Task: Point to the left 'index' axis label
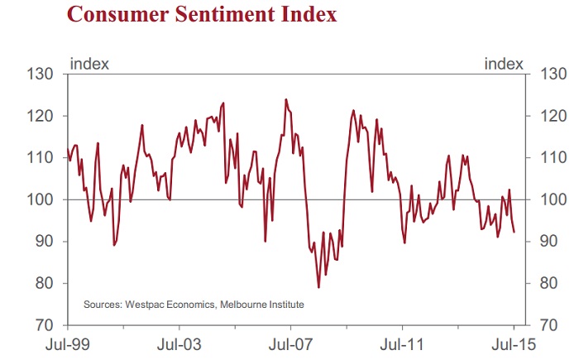click(90, 63)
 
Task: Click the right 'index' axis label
click(503, 63)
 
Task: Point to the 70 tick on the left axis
click(43, 324)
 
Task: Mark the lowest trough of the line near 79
click(318, 287)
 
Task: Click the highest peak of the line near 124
click(285, 100)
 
